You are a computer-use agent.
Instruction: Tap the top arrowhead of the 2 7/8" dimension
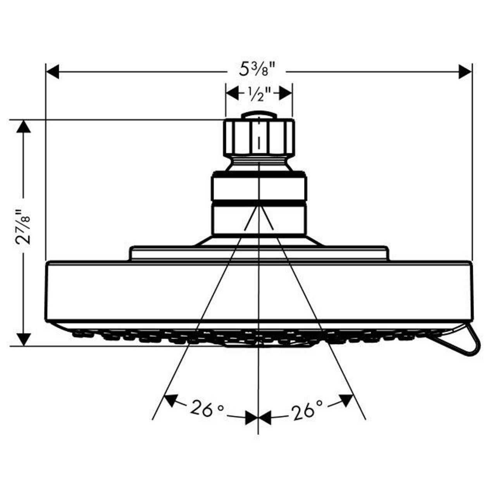coord(24,126)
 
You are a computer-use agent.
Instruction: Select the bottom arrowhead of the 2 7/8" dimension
coord(24,339)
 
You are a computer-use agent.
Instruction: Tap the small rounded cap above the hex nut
coord(259,115)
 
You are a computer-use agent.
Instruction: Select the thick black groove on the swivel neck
coord(259,202)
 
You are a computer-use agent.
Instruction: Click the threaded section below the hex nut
coord(259,160)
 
